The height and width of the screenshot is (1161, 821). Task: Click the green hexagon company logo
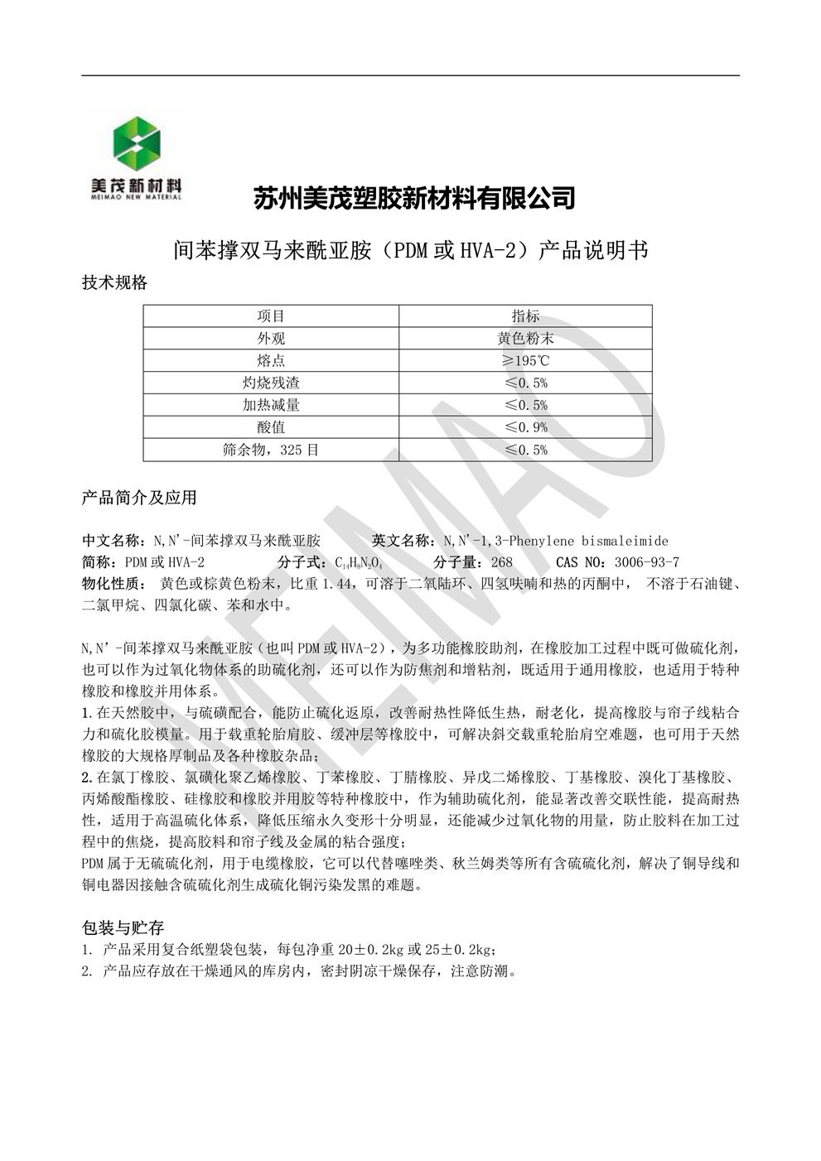tap(137, 146)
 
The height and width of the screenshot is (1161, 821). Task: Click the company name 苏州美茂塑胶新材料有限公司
tap(413, 198)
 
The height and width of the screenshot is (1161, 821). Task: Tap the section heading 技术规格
tap(114, 282)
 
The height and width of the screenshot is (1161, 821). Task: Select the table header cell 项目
tap(271, 316)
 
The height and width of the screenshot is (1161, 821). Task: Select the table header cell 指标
tap(525, 316)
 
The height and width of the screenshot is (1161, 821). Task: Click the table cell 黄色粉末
tap(525, 339)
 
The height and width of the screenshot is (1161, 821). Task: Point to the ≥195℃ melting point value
tap(525, 361)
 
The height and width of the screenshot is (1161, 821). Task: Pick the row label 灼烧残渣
tap(271, 383)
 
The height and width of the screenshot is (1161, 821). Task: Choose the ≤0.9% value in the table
tap(525, 428)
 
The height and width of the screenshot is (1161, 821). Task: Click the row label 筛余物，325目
tap(271, 450)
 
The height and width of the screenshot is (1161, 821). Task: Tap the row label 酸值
tap(271, 428)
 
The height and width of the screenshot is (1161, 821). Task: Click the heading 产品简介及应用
tap(139, 498)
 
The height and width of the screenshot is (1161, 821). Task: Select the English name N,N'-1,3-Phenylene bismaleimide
tap(555, 541)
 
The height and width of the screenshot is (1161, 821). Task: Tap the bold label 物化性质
tap(113, 584)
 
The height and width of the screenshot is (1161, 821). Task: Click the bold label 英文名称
tap(402, 541)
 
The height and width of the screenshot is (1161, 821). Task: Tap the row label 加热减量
tap(271, 406)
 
